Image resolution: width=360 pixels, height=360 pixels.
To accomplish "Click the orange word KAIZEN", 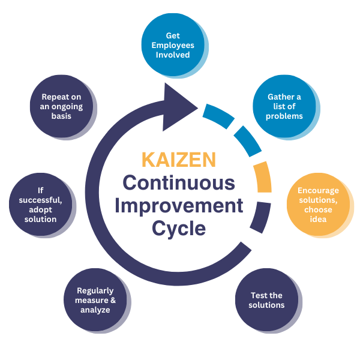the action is tap(179, 160).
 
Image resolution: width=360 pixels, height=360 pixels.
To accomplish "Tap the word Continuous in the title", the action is tap(179, 182).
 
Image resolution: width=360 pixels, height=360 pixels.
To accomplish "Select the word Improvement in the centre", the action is tap(179, 205).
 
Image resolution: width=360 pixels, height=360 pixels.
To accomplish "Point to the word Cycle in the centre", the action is tap(179, 228).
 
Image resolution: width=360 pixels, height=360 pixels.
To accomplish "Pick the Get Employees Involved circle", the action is tap(173, 45).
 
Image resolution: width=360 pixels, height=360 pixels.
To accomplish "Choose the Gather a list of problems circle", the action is tap(284, 106).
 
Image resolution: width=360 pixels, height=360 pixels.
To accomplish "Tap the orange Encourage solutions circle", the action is tap(318, 205).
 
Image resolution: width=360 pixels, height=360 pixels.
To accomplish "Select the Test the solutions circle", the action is tap(266, 300).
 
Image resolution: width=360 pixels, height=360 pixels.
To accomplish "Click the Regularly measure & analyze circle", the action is tap(95, 300).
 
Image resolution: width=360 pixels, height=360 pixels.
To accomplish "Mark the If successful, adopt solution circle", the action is tap(41, 205).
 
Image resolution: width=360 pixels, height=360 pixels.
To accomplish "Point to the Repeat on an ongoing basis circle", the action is tap(62, 106).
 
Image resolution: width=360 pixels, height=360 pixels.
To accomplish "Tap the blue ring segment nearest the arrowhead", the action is tap(218, 115).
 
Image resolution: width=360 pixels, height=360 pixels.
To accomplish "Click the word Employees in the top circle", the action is tap(173, 45).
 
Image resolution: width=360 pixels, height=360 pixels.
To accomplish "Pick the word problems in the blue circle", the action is tap(284, 116).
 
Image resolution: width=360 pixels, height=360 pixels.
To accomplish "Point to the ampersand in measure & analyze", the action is tap(113, 300).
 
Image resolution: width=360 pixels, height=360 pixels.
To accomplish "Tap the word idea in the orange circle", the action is tap(318, 219).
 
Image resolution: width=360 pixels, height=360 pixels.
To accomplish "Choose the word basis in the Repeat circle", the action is tap(61, 116).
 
